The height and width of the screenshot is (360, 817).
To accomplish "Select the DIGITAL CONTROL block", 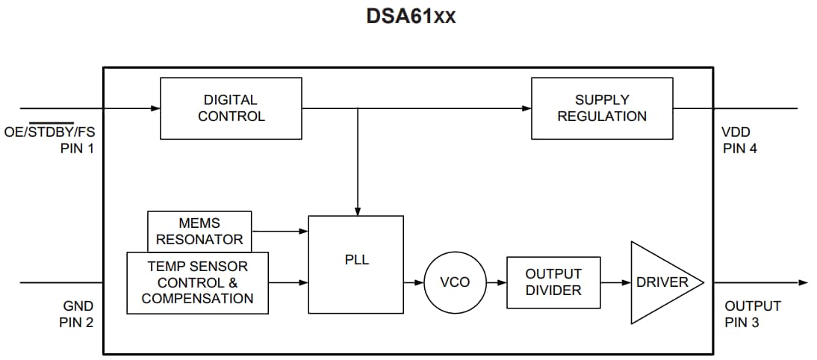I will coord(231,108).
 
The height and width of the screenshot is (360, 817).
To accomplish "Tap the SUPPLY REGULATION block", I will coord(602,108).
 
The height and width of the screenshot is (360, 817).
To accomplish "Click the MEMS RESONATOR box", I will coord(199,232).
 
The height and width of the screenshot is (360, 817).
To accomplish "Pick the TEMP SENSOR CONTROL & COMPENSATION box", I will coord(197,282).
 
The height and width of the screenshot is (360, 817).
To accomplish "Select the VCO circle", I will coord(455,282).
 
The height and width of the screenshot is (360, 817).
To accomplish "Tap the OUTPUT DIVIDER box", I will coord(553,282).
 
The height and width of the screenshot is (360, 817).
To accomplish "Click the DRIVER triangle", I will coord(662,282).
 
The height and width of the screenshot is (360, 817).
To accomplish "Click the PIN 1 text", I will coord(78,148).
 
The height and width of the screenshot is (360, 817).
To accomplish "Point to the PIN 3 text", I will coord(742,322).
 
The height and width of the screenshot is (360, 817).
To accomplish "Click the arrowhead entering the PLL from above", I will coord(358,211).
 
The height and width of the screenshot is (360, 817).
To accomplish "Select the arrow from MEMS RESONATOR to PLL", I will coord(280,232).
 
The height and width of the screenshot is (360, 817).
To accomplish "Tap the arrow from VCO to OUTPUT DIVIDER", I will coord(497,282).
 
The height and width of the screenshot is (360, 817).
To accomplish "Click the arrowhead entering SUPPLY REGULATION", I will coord(526,108).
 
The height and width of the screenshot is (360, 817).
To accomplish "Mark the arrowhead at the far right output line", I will coord(803,282).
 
